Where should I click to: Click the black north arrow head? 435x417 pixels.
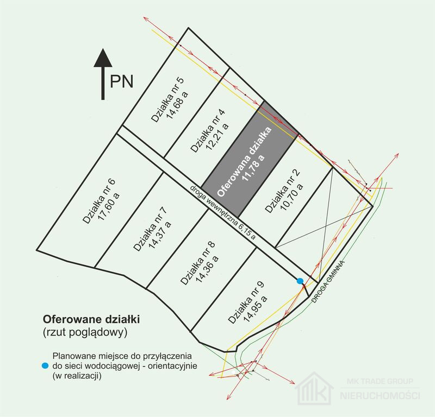click(103, 58)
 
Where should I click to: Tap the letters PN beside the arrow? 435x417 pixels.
click(121, 81)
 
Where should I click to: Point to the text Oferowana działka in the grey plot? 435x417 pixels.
click(244, 162)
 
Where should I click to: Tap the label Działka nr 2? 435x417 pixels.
click(282, 191)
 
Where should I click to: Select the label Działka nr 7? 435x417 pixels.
click(150, 229)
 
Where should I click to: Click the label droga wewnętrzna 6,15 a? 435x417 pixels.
click(222, 212)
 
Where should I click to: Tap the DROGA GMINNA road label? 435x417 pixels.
click(328, 281)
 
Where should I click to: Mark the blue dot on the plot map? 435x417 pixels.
click(300, 281)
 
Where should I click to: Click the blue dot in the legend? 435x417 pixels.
click(45, 365)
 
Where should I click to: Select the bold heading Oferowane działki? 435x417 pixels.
click(91, 319)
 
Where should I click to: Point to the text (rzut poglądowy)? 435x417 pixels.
click(85, 332)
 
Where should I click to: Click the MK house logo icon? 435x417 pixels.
click(314, 388)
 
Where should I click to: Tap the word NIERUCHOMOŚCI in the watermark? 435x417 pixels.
click(380, 395)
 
